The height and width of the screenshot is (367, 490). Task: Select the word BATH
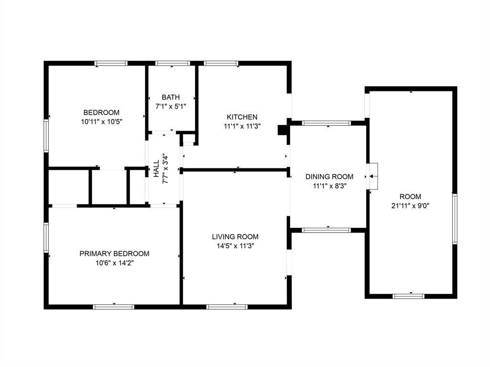click(x=171, y=97)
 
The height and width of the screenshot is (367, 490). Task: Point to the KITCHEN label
click(x=242, y=117)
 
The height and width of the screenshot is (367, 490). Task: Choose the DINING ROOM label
click(x=329, y=177)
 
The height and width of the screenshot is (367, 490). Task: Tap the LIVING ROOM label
click(x=235, y=236)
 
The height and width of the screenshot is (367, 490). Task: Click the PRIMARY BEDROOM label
click(x=114, y=254)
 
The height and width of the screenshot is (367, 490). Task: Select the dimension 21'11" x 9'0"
click(x=411, y=206)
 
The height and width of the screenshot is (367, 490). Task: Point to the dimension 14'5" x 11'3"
click(x=235, y=246)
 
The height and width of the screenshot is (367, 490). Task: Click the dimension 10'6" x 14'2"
click(x=114, y=263)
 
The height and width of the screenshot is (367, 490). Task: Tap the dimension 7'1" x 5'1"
click(x=171, y=106)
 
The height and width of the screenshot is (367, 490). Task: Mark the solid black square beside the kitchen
click(x=282, y=130)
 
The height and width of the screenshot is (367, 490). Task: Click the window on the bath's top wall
click(x=173, y=63)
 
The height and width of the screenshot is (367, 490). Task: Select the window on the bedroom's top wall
click(x=111, y=63)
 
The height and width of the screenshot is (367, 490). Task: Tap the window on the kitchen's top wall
click(x=221, y=63)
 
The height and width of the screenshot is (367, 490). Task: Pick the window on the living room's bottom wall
click(x=227, y=307)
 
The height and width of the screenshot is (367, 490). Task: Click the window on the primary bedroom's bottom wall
click(x=113, y=307)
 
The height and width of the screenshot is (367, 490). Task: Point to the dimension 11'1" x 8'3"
click(x=329, y=186)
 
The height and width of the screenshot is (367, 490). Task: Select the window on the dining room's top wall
click(x=327, y=123)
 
